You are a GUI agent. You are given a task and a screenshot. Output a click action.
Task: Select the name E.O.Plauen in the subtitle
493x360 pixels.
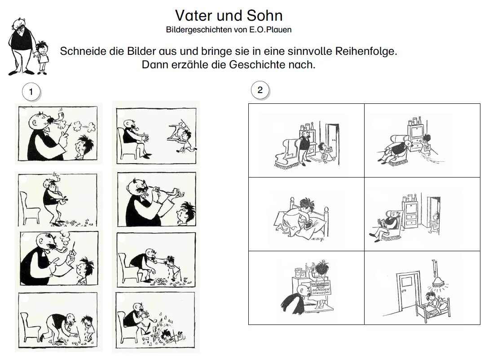[x=273, y=31]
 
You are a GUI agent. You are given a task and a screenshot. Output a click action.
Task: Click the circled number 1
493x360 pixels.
[x=31, y=92]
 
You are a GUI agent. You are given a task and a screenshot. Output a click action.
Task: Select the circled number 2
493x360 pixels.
[x=260, y=90]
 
